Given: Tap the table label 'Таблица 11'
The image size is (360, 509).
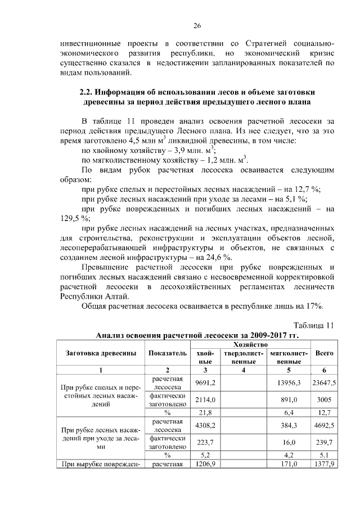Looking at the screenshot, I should tap(314, 325).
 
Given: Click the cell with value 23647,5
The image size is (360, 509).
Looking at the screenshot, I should tap(325, 383).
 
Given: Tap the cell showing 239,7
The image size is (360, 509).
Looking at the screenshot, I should tap(325, 442).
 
